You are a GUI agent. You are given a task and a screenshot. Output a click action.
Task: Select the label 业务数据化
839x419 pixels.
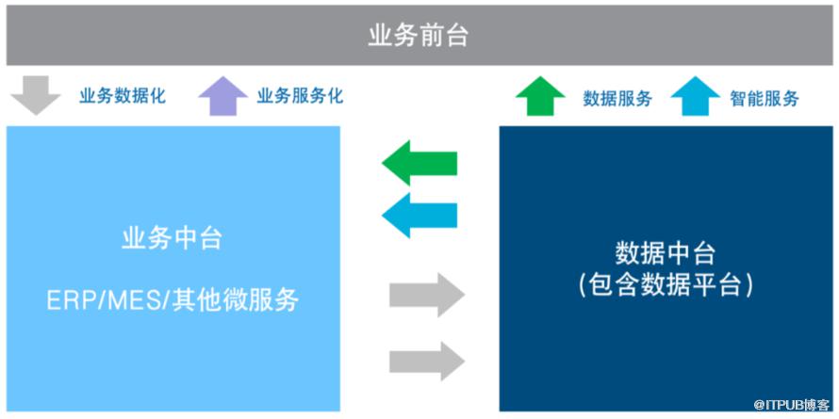click(x=123, y=96)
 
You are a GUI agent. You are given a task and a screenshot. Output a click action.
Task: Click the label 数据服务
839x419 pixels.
click(x=617, y=98)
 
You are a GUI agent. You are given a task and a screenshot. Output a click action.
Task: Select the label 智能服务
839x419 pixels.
click(x=765, y=98)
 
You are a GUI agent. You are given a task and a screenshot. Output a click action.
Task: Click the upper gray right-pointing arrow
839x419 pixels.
click(x=427, y=297)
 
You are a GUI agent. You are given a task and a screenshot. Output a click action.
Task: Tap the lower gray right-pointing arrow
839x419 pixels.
click(x=427, y=361)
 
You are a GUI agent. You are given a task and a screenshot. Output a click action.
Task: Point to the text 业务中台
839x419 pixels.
click(x=173, y=238)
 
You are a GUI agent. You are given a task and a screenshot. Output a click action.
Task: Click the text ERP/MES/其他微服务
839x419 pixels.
click(x=173, y=300)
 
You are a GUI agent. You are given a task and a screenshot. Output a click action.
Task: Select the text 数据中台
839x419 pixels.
click(x=665, y=254)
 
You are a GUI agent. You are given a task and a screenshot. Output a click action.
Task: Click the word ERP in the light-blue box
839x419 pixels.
click(x=67, y=300)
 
